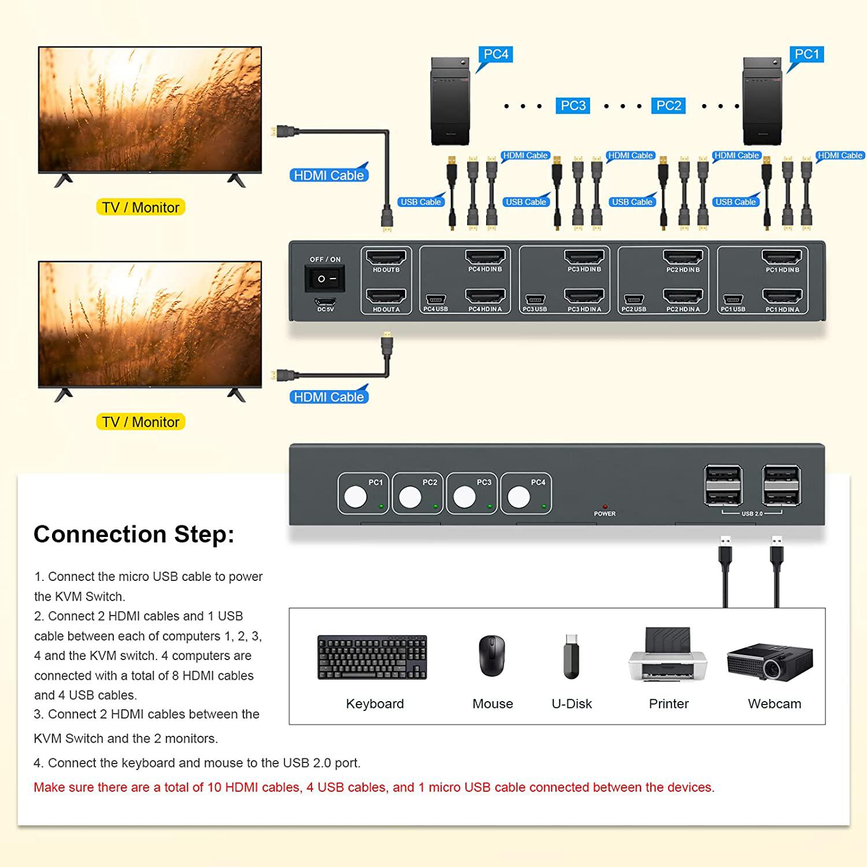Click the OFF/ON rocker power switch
324,279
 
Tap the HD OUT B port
386,257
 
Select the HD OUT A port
386,296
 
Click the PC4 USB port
435,299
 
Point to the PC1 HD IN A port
782,296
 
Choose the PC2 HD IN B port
683,257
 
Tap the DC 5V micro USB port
325,302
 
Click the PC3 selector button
464,497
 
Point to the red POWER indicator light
605,506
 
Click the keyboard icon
372,657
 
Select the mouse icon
492,656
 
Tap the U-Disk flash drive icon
571,657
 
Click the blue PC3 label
573,106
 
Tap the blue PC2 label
669,106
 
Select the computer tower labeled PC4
450,101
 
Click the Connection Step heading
134,534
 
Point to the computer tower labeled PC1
762,101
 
